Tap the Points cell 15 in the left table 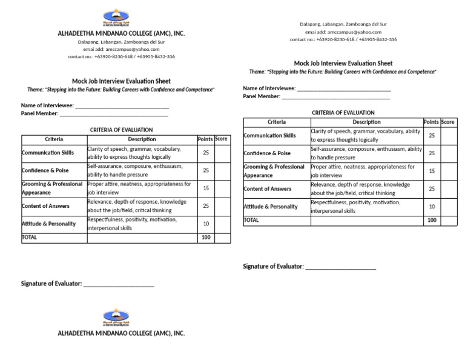[206, 188]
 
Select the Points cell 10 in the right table [432, 207]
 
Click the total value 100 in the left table [206, 238]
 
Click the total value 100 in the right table [432, 220]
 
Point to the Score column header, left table [222, 139]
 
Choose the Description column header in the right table [366, 122]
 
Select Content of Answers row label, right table [267, 189]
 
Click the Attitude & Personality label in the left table [48, 224]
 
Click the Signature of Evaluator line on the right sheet [340, 267]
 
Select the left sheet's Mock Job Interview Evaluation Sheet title [121, 81]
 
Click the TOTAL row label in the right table [251, 220]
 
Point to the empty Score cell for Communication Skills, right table [449, 135]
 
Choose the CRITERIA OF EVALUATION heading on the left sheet [121, 130]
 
